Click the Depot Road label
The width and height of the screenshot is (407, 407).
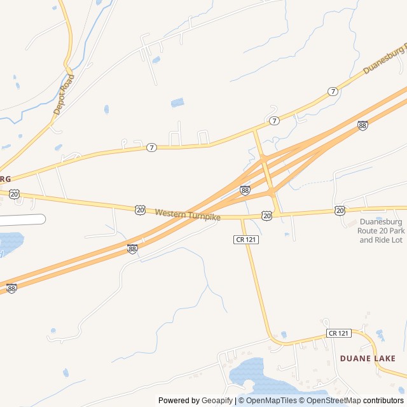[64, 95]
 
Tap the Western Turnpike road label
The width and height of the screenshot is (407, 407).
[188, 215]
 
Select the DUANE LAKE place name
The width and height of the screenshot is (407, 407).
[368, 359]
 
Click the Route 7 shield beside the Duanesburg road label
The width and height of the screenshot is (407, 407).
[333, 92]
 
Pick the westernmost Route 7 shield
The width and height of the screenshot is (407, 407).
[151, 148]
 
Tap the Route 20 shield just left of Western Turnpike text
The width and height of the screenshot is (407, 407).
[140, 209]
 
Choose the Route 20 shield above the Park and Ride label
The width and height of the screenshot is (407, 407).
[340, 210]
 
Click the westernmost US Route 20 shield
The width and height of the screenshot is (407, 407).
[15, 193]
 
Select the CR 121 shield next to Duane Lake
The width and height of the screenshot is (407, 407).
[339, 333]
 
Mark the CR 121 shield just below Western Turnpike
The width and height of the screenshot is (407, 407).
[245, 239]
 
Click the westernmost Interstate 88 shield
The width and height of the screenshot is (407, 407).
[11, 288]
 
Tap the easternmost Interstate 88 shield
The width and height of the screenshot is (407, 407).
[362, 126]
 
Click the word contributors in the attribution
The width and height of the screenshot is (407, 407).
[383, 401]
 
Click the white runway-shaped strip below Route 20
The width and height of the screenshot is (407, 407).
[22, 219]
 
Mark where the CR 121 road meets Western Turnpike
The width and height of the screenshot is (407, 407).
[242, 217]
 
